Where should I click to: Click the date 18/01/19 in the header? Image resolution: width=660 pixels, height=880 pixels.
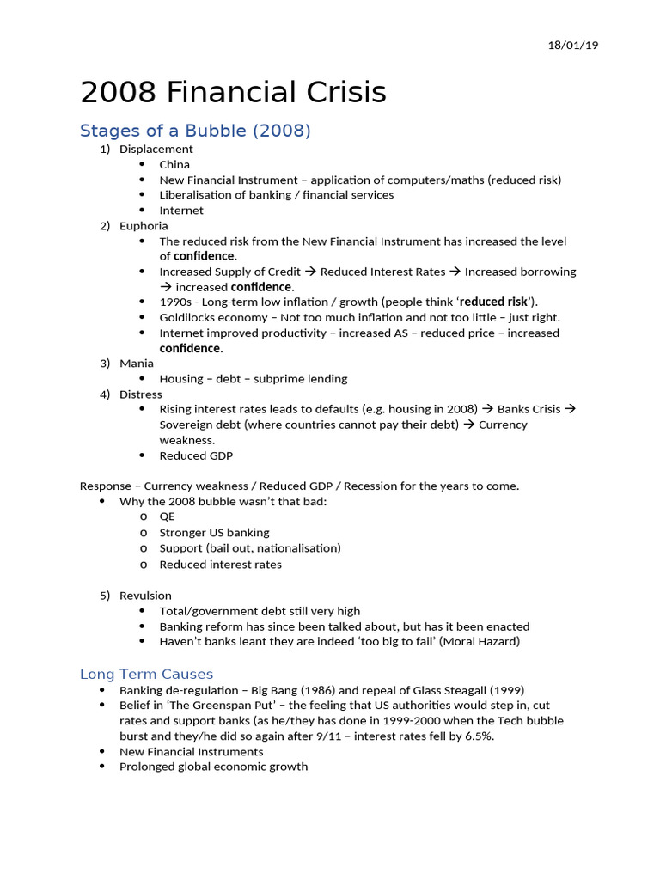[x=572, y=45]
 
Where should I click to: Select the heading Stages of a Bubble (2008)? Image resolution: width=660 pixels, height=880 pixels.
[x=195, y=131]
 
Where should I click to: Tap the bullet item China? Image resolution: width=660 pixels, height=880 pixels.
[x=174, y=164]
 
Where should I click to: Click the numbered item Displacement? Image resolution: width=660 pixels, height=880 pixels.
[x=156, y=149]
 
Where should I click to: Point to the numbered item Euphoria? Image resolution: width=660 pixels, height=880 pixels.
[x=144, y=226]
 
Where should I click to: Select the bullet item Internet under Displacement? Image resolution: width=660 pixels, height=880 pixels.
[x=181, y=211]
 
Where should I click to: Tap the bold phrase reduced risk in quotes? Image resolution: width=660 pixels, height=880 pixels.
[x=494, y=302]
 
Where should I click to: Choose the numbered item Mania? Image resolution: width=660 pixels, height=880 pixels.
[x=137, y=364]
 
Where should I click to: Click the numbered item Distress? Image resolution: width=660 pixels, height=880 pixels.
[x=141, y=394]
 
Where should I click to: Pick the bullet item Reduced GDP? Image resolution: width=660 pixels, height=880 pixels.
[x=196, y=456]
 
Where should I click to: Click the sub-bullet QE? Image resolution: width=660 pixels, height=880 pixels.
[x=167, y=517]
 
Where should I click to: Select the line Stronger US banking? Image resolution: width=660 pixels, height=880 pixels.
[x=214, y=533]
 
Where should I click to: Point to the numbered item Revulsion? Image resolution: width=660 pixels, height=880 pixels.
[x=145, y=596]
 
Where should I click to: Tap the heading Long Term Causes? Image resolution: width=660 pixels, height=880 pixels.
[x=146, y=674]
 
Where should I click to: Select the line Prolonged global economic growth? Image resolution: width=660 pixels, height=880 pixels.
[x=213, y=767]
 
